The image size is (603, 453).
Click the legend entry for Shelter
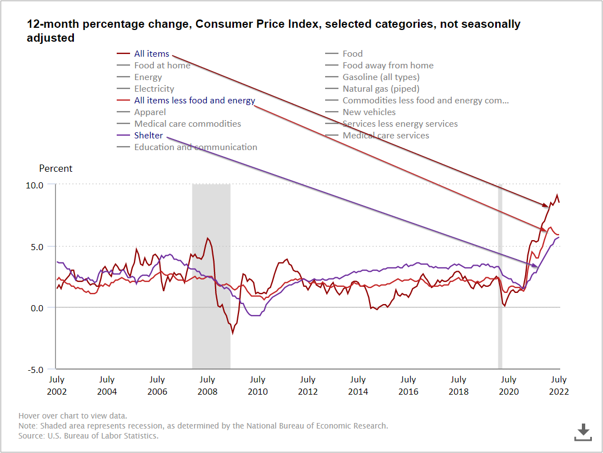(x=148, y=136)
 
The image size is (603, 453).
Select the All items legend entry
(x=151, y=54)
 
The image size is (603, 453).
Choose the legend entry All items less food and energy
(x=194, y=101)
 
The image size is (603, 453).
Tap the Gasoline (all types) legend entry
(x=381, y=77)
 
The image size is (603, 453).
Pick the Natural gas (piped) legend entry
(x=381, y=89)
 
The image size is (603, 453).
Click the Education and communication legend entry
(x=195, y=147)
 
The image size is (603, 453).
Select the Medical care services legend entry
(x=386, y=136)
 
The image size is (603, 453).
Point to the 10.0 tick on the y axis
(x=34, y=185)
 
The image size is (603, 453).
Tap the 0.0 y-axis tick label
(x=37, y=308)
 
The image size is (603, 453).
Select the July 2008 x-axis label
(x=207, y=385)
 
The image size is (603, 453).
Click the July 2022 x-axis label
(x=559, y=385)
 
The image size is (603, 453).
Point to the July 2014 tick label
(x=358, y=385)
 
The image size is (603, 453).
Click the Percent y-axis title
(x=56, y=168)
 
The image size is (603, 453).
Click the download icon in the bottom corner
(x=582, y=432)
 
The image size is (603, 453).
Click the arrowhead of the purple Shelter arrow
(x=536, y=267)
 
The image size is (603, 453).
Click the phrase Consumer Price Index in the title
(x=256, y=24)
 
